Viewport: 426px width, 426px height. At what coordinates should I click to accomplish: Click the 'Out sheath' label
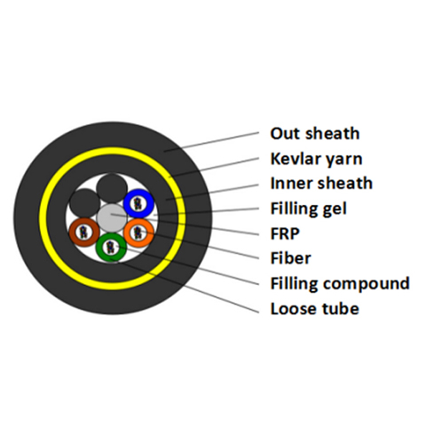(x=315, y=133)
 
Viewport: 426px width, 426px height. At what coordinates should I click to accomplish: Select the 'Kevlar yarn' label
(x=316, y=159)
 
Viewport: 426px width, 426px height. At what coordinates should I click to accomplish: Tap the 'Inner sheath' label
(x=321, y=183)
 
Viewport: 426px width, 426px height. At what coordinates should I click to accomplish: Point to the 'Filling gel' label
(x=308, y=209)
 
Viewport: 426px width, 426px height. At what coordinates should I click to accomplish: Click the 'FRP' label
(x=285, y=233)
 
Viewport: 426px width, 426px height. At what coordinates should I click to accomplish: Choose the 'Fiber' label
(x=290, y=258)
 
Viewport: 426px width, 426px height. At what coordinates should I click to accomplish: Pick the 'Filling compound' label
(x=340, y=284)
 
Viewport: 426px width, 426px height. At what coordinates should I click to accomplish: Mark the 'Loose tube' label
(x=315, y=309)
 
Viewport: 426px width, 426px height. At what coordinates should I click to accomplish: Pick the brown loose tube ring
(x=74, y=233)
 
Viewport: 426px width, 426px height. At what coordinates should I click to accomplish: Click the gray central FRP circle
(x=111, y=217)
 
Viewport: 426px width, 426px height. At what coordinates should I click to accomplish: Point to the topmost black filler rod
(x=112, y=188)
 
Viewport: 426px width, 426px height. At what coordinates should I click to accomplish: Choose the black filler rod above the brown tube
(x=84, y=203)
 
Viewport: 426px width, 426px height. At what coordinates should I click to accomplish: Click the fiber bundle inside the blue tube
(x=138, y=204)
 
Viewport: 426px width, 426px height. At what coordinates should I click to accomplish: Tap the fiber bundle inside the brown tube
(x=84, y=233)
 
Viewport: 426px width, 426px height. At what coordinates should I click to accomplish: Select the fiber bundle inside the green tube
(x=111, y=248)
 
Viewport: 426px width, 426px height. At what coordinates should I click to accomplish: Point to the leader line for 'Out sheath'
(x=211, y=142)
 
